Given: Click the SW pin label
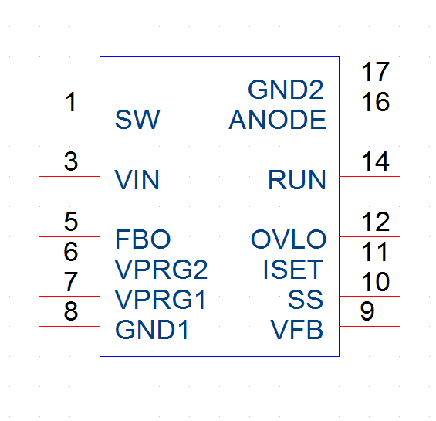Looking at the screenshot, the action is pyautogui.click(x=137, y=120).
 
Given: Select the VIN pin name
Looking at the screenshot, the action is pyautogui.click(x=137, y=179).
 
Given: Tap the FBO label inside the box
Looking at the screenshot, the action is pyautogui.click(x=143, y=239).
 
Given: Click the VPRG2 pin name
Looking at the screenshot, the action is pyautogui.click(x=161, y=270).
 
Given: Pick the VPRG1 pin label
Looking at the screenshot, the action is pyautogui.click(x=161, y=299).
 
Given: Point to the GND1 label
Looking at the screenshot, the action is pyautogui.click(x=152, y=329).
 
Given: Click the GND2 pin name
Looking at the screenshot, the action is pyautogui.click(x=286, y=90).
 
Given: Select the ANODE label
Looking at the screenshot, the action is pyautogui.click(x=278, y=120).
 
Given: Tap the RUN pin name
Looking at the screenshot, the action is pyautogui.click(x=297, y=179).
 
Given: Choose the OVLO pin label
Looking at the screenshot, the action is pyautogui.click(x=289, y=239).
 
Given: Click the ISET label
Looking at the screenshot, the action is pyautogui.click(x=293, y=270).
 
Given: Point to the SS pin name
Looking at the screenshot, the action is pyautogui.click(x=306, y=299).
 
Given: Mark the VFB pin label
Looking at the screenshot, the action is pyautogui.click(x=296, y=329).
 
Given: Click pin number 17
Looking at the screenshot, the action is pyautogui.click(x=375, y=72).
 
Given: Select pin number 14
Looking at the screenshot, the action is pyautogui.click(x=375, y=161).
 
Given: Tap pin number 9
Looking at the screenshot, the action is pyautogui.click(x=367, y=311).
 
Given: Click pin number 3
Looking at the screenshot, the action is pyautogui.click(x=71, y=161).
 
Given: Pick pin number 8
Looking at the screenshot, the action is pyautogui.click(x=71, y=311).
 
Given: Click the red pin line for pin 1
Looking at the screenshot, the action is pyautogui.click(x=69, y=117).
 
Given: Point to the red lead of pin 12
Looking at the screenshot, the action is pyautogui.click(x=370, y=236).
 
